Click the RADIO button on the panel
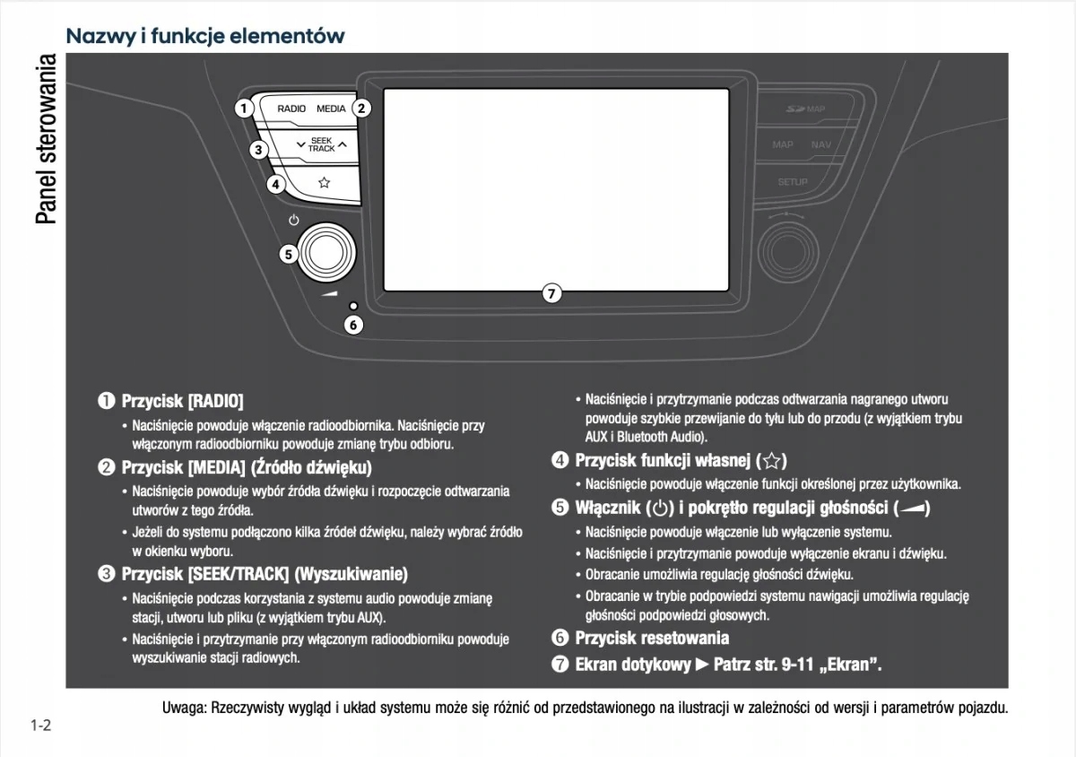[x=291, y=109]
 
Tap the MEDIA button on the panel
[x=330, y=109]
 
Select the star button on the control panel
[x=324, y=182]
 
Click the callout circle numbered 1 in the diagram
[x=243, y=109]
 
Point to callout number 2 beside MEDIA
[x=360, y=109]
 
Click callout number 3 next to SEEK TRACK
[x=258, y=150]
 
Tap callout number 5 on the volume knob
[x=288, y=254]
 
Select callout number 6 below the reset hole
[x=353, y=325]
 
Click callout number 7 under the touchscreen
[x=552, y=292]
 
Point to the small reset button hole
[x=354, y=306]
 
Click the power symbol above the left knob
[x=294, y=220]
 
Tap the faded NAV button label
[x=820, y=144]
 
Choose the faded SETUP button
[x=793, y=182]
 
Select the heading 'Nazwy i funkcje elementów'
[x=205, y=37]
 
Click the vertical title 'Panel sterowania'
[x=45, y=139]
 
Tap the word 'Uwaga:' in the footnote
[x=184, y=708]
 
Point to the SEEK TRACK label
[x=321, y=144]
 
